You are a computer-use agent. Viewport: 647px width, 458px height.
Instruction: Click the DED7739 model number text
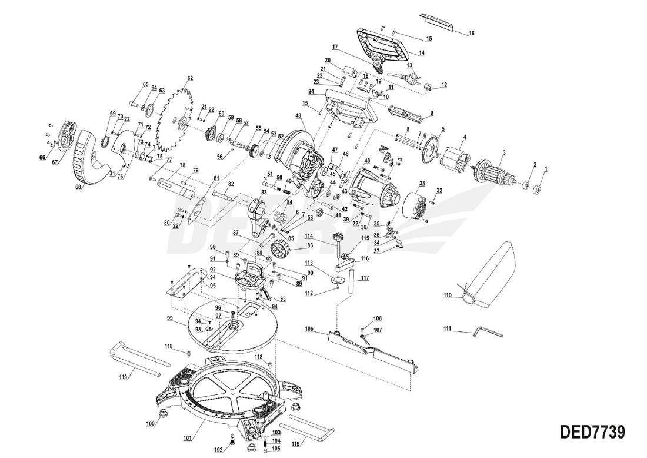(x=591, y=432)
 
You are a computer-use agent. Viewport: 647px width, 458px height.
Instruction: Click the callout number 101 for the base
(x=188, y=438)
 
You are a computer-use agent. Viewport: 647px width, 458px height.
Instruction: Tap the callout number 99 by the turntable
(x=169, y=318)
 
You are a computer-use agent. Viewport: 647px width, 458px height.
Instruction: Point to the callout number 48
(x=298, y=115)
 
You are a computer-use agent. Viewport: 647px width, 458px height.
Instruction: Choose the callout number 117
(x=365, y=278)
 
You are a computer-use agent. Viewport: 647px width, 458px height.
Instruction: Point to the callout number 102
(x=218, y=450)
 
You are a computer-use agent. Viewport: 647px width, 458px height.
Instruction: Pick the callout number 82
(x=231, y=184)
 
